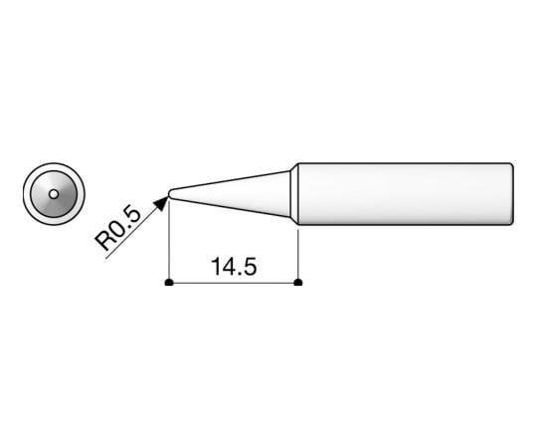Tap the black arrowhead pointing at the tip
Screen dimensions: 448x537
(160, 203)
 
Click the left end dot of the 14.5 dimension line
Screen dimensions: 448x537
(170, 283)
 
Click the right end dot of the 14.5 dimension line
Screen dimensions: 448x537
(299, 283)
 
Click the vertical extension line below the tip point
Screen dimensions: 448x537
(170, 244)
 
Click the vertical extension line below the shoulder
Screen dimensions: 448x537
(299, 254)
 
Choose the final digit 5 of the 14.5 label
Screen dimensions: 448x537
(252, 268)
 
